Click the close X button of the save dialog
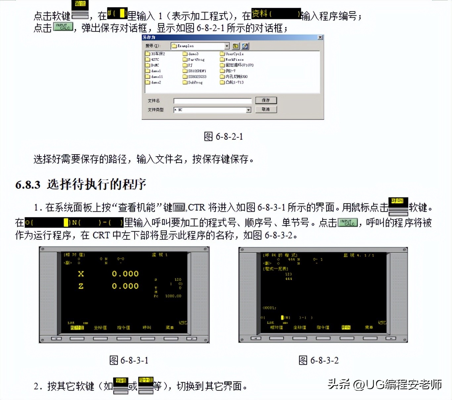320,37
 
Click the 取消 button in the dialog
266,109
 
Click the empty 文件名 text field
212,101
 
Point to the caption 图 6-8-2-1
223,136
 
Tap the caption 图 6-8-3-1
129,360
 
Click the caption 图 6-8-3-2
318,360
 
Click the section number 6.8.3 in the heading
28,184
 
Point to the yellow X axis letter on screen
81,274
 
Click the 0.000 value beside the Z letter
125,286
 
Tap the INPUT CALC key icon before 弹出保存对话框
63,26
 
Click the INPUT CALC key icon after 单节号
347,222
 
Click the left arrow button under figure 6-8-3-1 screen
56,339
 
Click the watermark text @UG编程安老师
397,384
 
